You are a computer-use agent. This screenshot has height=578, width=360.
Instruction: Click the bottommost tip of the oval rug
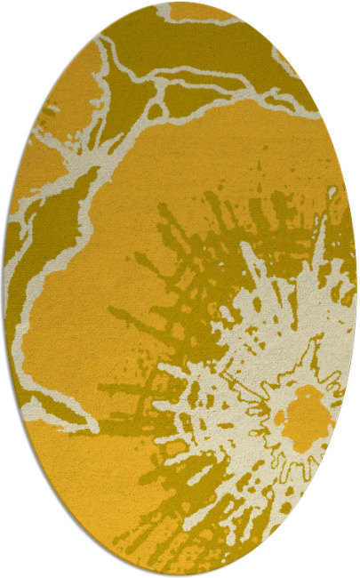coord(180,574)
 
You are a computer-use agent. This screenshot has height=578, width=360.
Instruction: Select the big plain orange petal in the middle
coord(133,267)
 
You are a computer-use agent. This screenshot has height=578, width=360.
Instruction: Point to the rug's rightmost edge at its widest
coord(356,289)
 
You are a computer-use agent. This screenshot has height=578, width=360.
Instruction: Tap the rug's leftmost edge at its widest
coord(4,289)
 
